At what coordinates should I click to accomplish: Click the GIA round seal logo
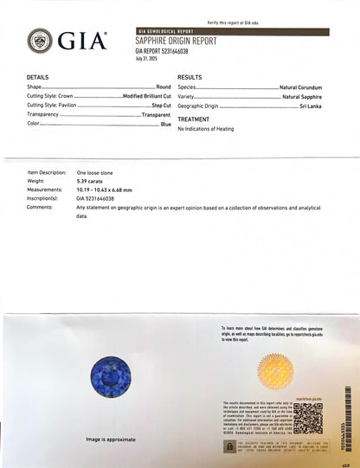tap(40, 40)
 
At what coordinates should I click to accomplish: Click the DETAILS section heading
tap(38, 77)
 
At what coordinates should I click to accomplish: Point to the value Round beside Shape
tap(163, 87)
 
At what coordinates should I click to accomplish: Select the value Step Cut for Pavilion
tap(161, 105)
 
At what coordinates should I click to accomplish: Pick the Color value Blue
tap(165, 124)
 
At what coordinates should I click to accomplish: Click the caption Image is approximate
tap(114, 439)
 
